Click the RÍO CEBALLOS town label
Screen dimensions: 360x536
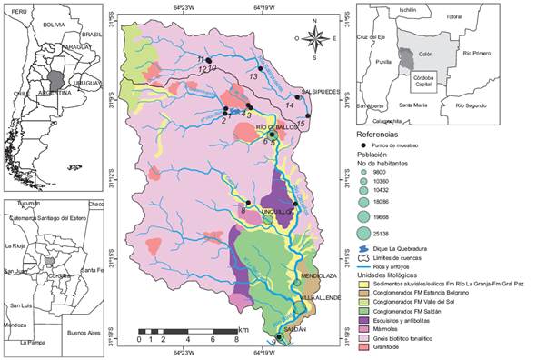point(275,126)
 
